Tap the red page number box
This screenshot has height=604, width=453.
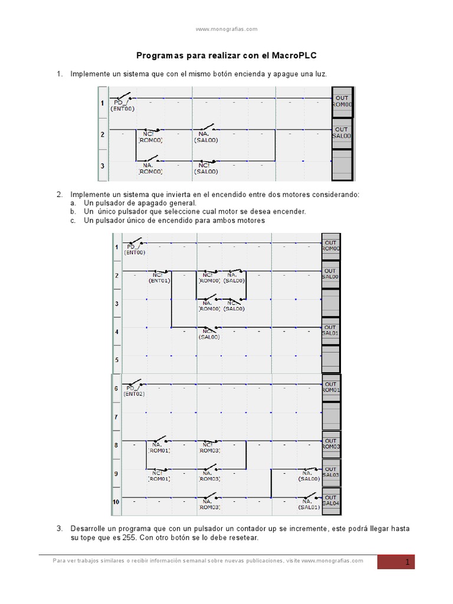click(396, 562)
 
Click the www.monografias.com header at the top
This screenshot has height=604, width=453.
click(226, 28)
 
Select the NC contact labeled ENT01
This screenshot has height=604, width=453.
click(159, 277)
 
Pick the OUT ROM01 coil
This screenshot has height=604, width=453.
click(330, 387)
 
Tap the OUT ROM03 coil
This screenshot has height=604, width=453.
click(330, 444)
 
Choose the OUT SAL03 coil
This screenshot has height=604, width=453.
click(330, 472)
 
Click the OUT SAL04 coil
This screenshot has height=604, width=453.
click(330, 500)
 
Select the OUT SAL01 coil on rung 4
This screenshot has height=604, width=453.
click(330, 330)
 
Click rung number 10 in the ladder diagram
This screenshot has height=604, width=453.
click(116, 502)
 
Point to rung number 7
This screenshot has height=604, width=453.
click(116, 417)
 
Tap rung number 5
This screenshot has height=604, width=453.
click(116, 360)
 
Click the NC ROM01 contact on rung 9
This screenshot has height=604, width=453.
click(158, 475)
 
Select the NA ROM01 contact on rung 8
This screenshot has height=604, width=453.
click(158, 447)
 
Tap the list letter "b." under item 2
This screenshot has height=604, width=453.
click(73, 211)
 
